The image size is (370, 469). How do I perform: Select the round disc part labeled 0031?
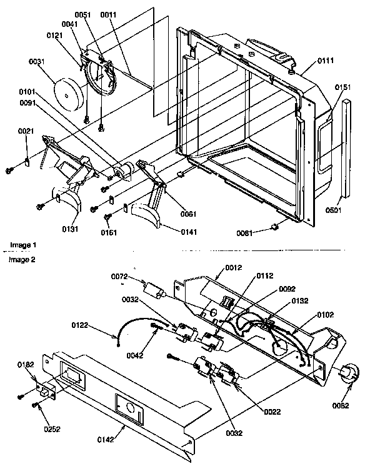[67, 91]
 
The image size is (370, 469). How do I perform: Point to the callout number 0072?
[120, 275]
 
